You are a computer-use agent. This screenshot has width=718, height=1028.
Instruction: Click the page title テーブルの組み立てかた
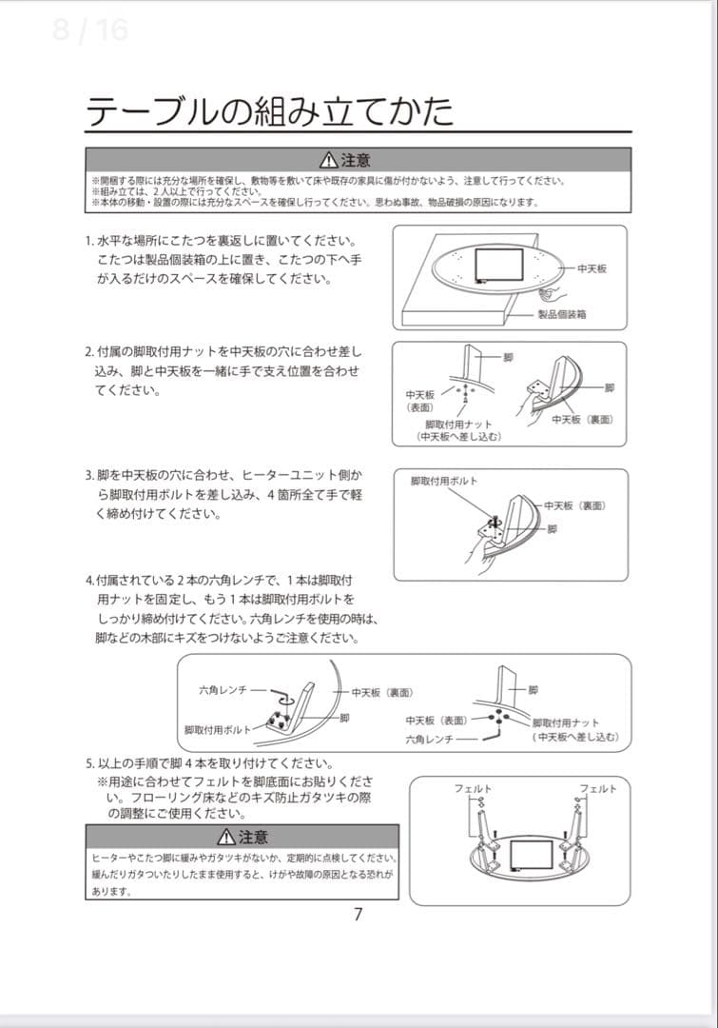point(269,111)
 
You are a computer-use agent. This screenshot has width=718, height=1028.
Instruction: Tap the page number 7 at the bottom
point(359,915)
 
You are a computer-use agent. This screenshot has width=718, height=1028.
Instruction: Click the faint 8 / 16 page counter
point(90,30)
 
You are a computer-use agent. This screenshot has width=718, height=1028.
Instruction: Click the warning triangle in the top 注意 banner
point(327,160)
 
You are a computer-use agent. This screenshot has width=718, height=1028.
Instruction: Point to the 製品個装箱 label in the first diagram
point(562,313)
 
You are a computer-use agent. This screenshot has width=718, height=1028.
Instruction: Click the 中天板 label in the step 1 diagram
point(592,269)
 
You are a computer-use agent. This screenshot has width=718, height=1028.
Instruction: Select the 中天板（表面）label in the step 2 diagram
point(420,400)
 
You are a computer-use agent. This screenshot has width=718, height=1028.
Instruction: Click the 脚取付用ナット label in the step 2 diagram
point(458,425)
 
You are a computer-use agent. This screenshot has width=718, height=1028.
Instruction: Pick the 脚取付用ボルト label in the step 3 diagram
point(444,481)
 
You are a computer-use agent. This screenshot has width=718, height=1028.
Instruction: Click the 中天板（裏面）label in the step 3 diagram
point(574,505)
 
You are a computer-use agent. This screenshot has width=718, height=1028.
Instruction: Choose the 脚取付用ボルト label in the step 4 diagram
point(218,729)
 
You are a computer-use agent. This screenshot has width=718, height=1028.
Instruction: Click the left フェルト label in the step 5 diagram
point(473,788)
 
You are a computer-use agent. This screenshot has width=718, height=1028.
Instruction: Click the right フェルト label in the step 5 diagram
point(598,788)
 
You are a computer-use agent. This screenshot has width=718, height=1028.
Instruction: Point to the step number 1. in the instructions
point(89,241)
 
